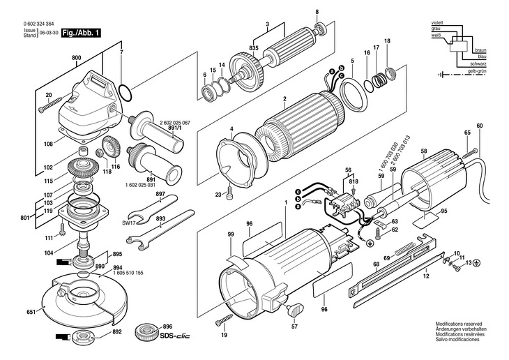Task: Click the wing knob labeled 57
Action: pyautogui.click(x=294, y=304)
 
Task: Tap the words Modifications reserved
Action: pyautogui.click(x=459, y=324)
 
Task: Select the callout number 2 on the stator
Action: pyautogui.click(x=284, y=98)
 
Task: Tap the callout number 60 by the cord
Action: pyautogui.click(x=479, y=126)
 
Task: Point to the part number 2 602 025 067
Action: pyautogui.click(x=165, y=121)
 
